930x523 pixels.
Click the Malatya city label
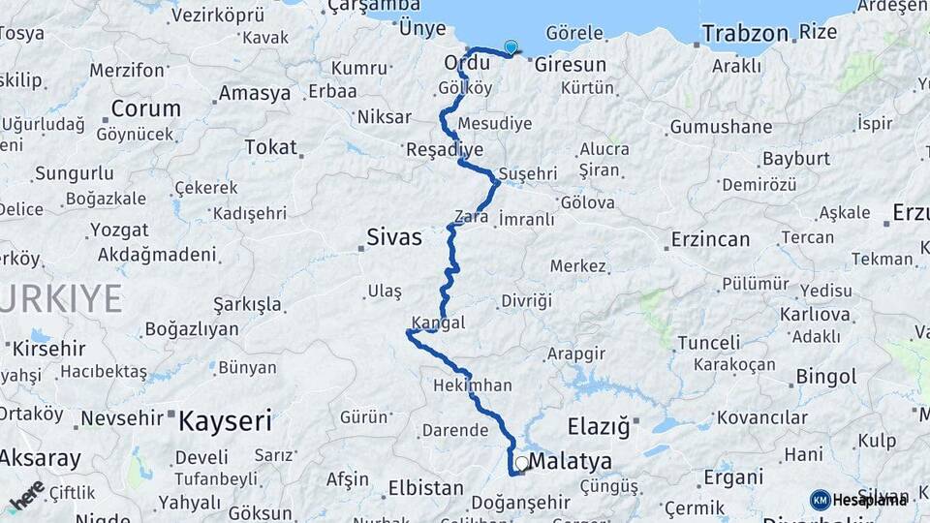tap(570, 462)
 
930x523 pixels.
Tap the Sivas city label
tap(394, 235)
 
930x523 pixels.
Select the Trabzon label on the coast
tap(745, 34)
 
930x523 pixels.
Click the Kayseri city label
tap(225, 420)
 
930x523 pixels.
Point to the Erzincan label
tap(711, 239)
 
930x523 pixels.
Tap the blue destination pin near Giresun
tap(511, 46)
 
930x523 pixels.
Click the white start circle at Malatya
tap(522, 464)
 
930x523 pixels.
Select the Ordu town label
tap(466, 62)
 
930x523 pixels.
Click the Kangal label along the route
tap(438, 322)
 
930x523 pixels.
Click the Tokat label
tap(270, 147)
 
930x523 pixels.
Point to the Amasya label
tap(255, 93)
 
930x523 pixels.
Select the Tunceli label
tap(708, 343)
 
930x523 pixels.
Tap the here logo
tap(26, 496)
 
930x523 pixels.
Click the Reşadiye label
tap(445, 150)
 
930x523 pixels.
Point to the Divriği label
tap(526, 301)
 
